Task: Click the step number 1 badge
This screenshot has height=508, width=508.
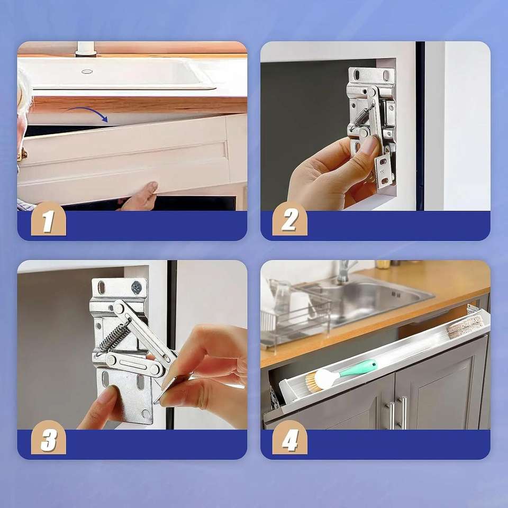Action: pos(49,219)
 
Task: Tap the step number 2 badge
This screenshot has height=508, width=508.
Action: pos(289,219)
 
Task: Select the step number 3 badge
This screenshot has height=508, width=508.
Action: pos(49,438)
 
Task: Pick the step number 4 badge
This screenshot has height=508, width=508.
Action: pos(289,438)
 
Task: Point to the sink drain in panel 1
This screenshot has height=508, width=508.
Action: pos(87,71)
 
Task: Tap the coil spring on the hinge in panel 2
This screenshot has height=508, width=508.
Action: pos(362,117)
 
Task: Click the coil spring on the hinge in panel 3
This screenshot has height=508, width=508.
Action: pos(114,337)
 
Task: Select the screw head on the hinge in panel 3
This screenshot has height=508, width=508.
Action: pos(137,287)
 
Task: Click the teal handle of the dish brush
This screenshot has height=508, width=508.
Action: pos(358,369)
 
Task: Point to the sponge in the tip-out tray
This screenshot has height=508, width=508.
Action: pos(465,325)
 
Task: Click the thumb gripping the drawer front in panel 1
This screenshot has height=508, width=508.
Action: pos(150,188)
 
